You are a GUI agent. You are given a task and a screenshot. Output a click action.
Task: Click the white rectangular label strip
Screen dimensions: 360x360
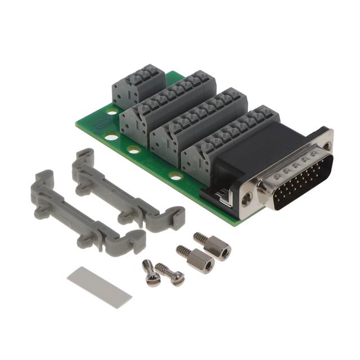99,287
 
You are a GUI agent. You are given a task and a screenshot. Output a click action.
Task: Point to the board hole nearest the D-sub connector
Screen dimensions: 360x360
175,177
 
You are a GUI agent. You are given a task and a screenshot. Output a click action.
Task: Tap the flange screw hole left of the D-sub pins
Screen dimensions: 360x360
246,197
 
